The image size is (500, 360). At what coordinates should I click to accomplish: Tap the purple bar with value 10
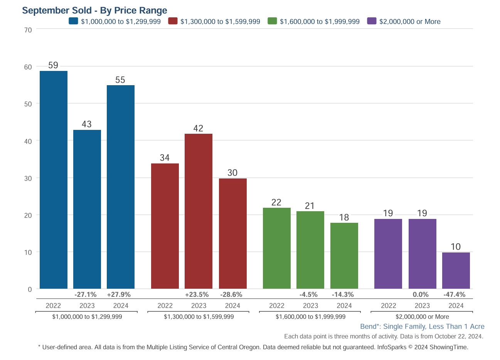pyautogui.click(x=456, y=271)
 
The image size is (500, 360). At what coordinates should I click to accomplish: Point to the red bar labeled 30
pyautogui.click(x=233, y=234)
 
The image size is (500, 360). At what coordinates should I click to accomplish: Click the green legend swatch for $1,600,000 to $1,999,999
pyautogui.click(x=272, y=21)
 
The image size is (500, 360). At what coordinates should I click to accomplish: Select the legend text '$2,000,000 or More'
pyautogui.click(x=410, y=22)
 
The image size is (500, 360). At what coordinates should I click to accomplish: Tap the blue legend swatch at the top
pyautogui.click(x=73, y=21)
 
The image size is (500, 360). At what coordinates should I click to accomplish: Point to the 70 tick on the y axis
pyautogui.click(x=28, y=29)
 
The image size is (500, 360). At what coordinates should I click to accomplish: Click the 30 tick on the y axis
pyautogui.click(x=28, y=178)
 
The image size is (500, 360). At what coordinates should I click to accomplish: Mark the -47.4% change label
pyautogui.click(x=455, y=294)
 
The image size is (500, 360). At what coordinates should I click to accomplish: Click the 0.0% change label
pyautogui.click(x=421, y=294)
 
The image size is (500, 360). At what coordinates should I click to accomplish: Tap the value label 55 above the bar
pyautogui.click(x=120, y=80)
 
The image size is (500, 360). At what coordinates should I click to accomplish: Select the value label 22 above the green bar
pyautogui.click(x=276, y=202)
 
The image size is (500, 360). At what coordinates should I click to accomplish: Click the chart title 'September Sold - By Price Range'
pyautogui.click(x=95, y=10)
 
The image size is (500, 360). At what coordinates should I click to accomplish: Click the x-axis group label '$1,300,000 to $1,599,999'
pyautogui.click(x=199, y=316)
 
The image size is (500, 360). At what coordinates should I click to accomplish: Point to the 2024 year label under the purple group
pyautogui.click(x=456, y=306)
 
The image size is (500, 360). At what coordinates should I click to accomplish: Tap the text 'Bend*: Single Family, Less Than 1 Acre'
pyautogui.click(x=422, y=326)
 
